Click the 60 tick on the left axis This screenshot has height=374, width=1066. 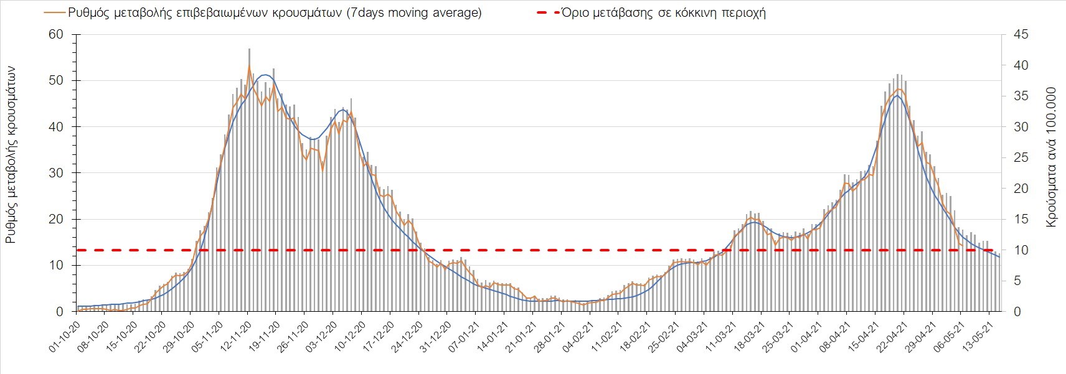56,34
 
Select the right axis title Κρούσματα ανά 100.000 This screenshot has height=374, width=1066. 1052,156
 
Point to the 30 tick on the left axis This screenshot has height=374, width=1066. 56,173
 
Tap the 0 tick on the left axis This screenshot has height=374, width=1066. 60,312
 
